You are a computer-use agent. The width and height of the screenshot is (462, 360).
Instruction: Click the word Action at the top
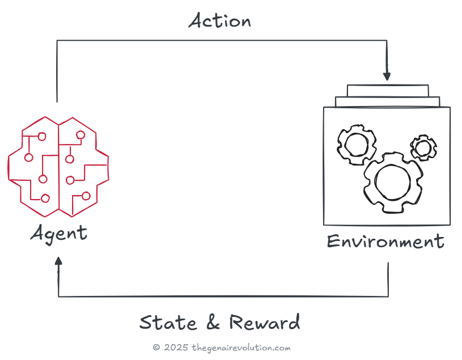tap(220, 21)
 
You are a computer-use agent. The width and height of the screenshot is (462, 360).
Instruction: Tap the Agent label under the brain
tap(59, 232)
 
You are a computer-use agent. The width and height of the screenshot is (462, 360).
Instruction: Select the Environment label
tap(385, 242)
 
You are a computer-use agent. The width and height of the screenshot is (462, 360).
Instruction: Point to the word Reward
tap(265, 322)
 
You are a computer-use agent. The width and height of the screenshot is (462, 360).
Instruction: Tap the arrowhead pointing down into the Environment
tap(387, 76)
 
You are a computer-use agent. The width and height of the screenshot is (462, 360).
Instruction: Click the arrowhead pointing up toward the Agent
tap(58, 262)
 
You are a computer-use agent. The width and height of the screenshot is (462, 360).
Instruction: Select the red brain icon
tap(58, 166)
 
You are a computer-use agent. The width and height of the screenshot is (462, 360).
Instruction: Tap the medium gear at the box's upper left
tap(357, 144)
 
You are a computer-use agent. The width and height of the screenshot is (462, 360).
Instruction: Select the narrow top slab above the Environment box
tap(387, 91)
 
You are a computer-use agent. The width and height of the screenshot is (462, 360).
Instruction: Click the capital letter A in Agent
tap(38, 232)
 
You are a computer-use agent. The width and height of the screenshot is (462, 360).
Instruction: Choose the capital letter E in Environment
tap(334, 242)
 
